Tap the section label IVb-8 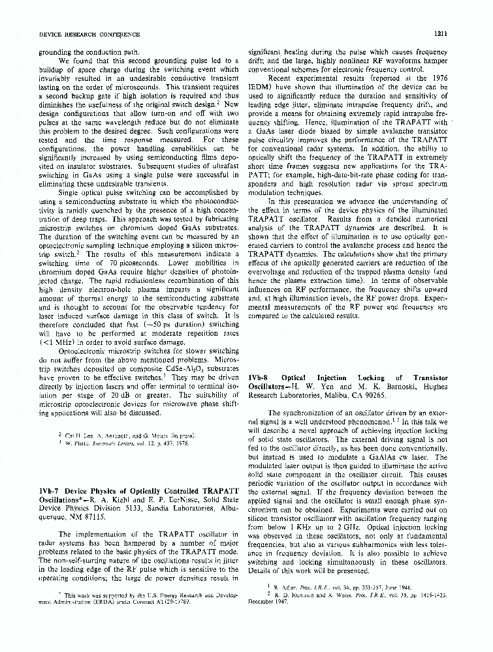[x=261, y=378]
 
